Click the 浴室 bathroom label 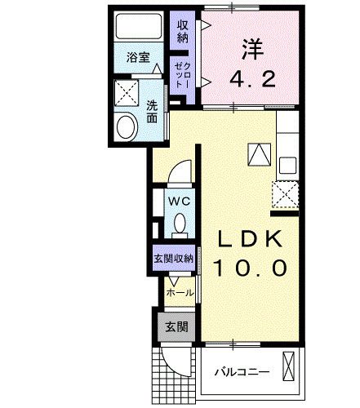pyautogui.click(x=139, y=58)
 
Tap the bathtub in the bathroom pyautogui.click(x=139, y=28)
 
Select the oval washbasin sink pyautogui.click(x=127, y=126)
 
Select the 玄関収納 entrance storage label pyautogui.click(x=173, y=259)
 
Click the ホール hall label pyautogui.click(x=180, y=292)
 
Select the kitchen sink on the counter pyautogui.click(x=288, y=162)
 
